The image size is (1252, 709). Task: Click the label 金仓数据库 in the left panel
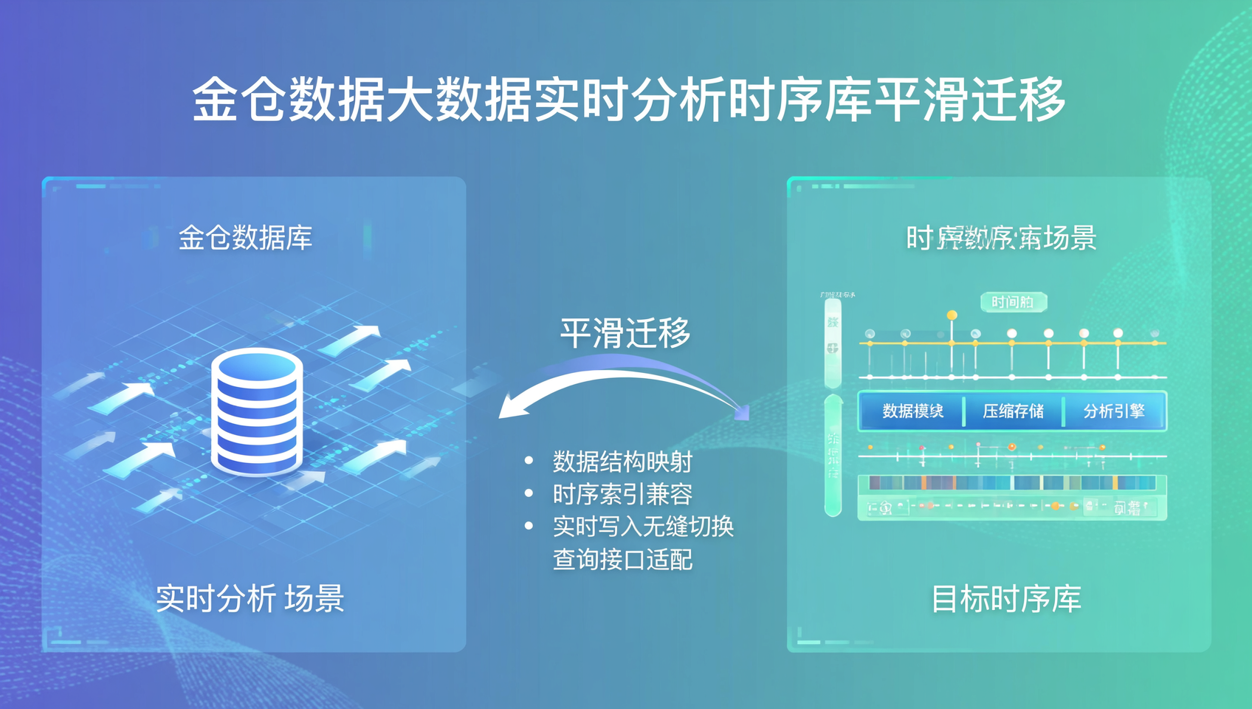[245, 238]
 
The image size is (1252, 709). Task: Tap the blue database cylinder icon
[257, 414]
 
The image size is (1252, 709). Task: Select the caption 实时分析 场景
[250, 598]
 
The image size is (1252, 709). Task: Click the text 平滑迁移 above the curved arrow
[625, 332]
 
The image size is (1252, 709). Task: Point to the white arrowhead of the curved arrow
[512, 408]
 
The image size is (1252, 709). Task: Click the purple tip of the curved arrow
[741, 411]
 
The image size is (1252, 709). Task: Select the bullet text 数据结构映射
[622, 462]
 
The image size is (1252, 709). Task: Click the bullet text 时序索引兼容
[622, 494]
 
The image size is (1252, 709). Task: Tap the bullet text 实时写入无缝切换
[643, 527]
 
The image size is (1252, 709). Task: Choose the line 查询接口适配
[622, 559]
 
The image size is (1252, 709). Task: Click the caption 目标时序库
[1005, 598]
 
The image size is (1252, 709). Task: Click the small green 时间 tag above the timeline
[1013, 302]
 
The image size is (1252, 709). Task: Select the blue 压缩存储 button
[1013, 411]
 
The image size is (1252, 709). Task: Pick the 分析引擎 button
[1113, 411]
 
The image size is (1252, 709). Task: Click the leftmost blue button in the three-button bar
[912, 411]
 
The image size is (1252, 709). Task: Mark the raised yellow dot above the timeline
[952, 315]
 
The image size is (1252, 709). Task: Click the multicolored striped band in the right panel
[1012, 483]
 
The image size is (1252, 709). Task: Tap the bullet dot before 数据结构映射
[529, 461]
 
